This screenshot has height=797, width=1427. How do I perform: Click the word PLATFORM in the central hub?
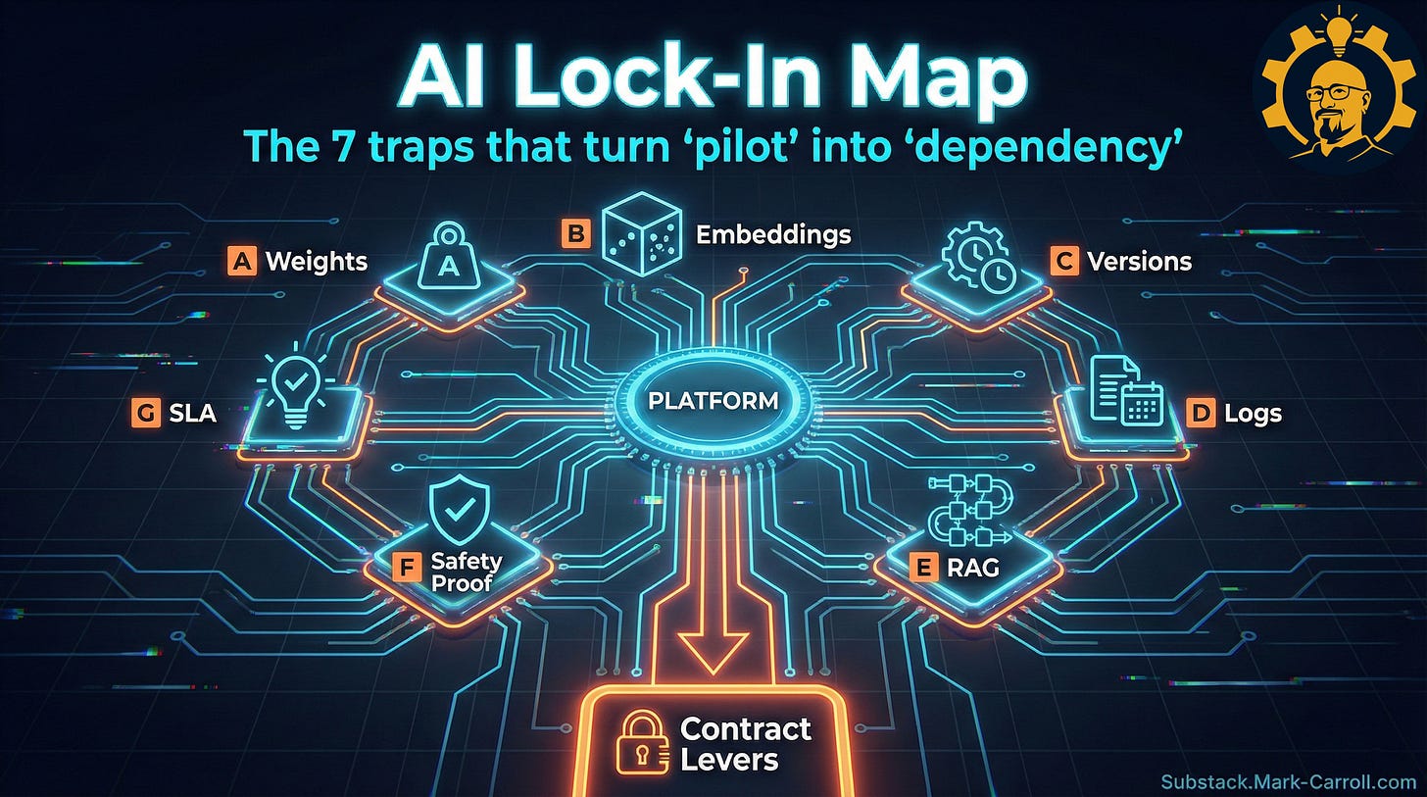pos(713,401)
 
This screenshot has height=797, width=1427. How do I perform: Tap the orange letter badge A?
pos(241,261)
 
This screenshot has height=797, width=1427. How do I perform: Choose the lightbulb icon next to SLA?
pos(295,389)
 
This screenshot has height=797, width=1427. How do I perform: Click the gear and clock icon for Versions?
pos(978,251)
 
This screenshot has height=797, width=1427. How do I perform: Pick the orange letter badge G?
pos(145,414)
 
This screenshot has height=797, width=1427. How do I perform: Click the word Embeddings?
pos(773,235)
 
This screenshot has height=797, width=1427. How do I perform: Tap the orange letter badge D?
pos(1200,413)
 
